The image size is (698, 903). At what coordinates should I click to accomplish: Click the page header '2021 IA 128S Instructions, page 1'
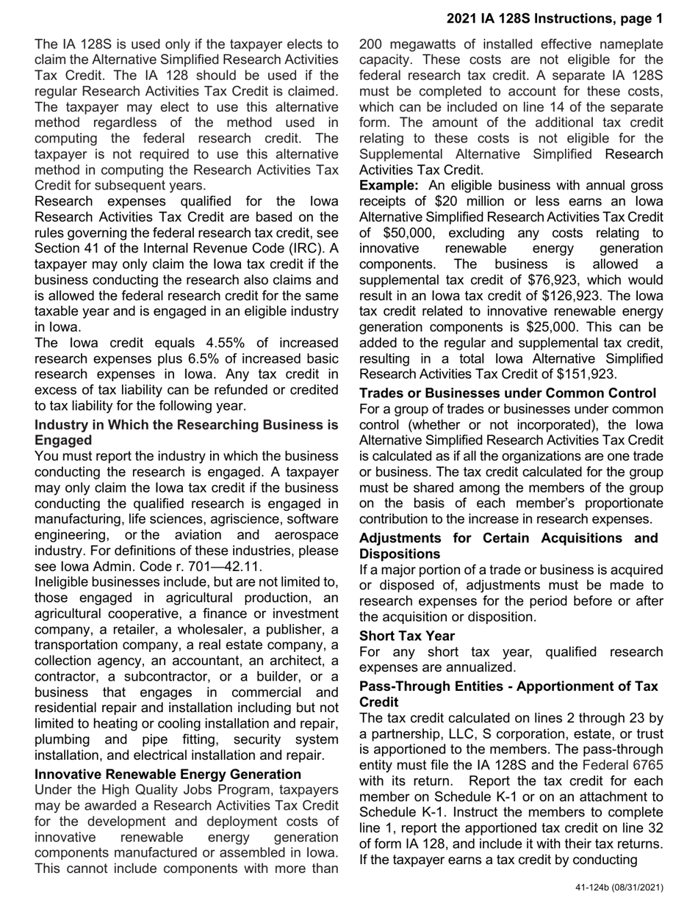554,18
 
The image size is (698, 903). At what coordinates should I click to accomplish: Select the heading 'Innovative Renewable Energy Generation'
168,774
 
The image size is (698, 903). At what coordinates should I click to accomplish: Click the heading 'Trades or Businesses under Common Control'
508,393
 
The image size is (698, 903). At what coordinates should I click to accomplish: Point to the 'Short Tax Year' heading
407,636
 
